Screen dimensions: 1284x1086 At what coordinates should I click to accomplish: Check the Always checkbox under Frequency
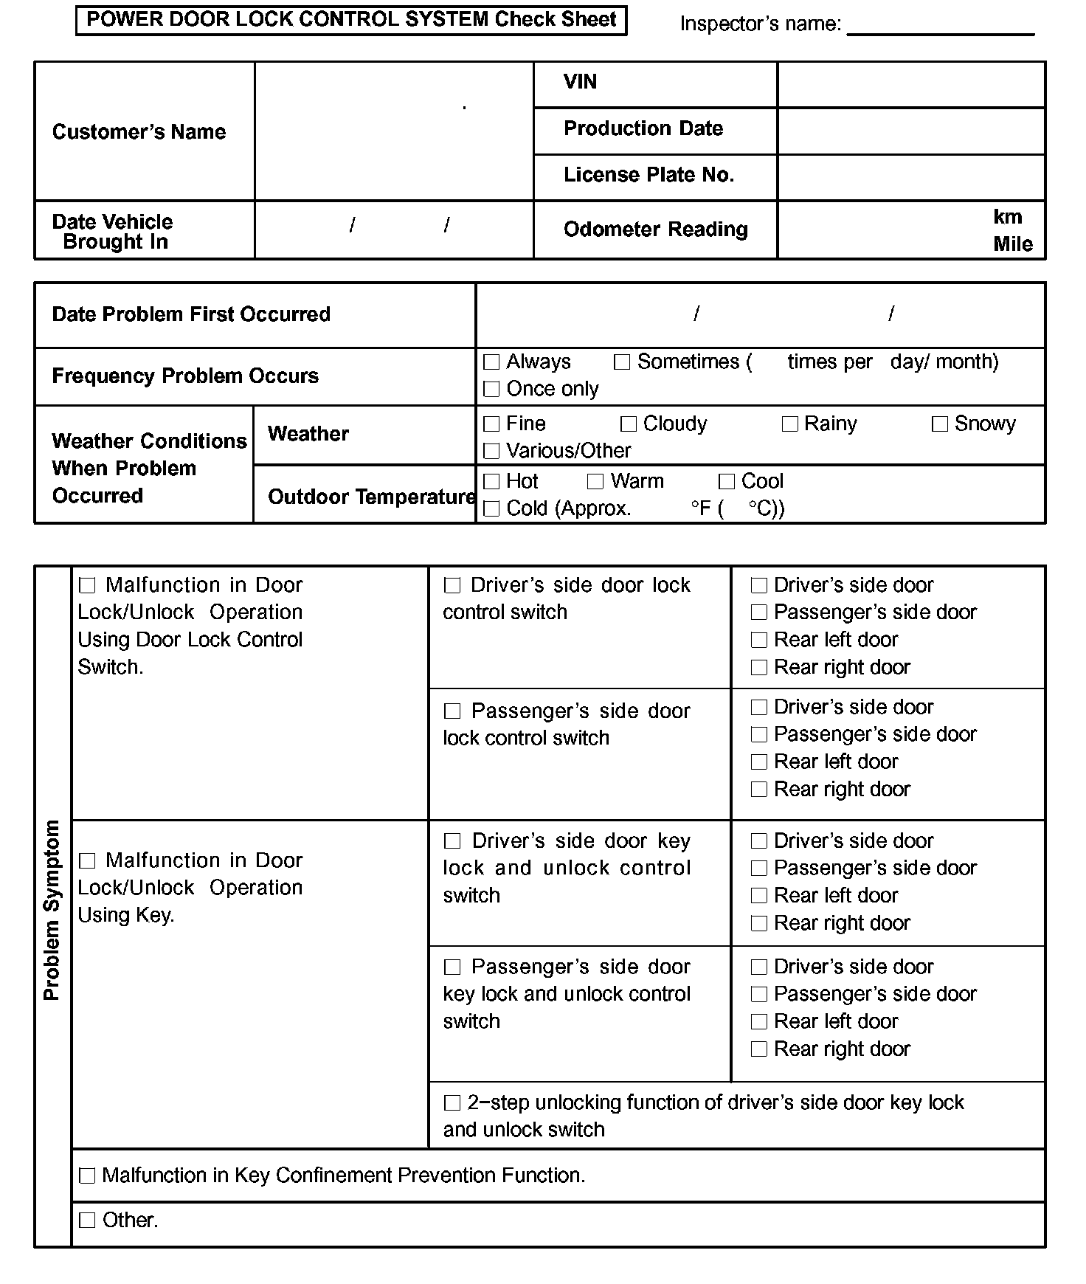pyautogui.click(x=491, y=362)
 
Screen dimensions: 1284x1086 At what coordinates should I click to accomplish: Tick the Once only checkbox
pyautogui.click(x=491, y=389)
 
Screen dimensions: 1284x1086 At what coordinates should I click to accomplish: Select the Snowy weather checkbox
pyautogui.click(x=939, y=424)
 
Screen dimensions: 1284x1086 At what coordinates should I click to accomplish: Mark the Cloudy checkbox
pyautogui.click(x=629, y=424)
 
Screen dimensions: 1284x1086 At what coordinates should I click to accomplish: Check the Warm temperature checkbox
pyautogui.click(x=595, y=482)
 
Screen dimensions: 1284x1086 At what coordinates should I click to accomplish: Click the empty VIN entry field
pyautogui.click(x=911, y=85)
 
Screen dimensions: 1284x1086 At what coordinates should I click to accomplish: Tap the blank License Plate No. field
pyautogui.click(x=911, y=177)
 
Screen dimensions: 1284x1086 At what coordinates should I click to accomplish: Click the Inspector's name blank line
pyautogui.click(x=941, y=27)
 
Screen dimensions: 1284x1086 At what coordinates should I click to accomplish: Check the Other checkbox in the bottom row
pyautogui.click(x=87, y=1221)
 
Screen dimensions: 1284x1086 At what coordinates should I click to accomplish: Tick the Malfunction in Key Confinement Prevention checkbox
pyautogui.click(x=87, y=1176)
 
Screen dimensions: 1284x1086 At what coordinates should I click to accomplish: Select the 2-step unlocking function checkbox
pyautogui.click(x=452, y=1103)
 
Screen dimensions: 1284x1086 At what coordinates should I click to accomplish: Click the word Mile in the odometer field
pyautogui.click(x=1013, y=244)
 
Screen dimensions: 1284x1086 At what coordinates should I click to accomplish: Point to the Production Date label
pyautogui.click(x=643, y=128)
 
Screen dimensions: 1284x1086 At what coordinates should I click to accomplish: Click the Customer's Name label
pyautogui.click(x=139, y=132)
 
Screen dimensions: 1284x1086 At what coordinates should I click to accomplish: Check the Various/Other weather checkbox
pyautogui.click(x=491, y=451)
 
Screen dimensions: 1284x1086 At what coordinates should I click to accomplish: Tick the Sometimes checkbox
pyautogui.click(x=622, y=362)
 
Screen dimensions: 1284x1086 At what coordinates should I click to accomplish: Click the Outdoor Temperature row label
pyautogui.click(x=371, y=497)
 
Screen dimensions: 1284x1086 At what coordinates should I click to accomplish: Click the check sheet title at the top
pyautogui.click(x=351, y=20)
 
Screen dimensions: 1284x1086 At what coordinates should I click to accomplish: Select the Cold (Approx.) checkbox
pyautogui.click(x=491, y=509)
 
